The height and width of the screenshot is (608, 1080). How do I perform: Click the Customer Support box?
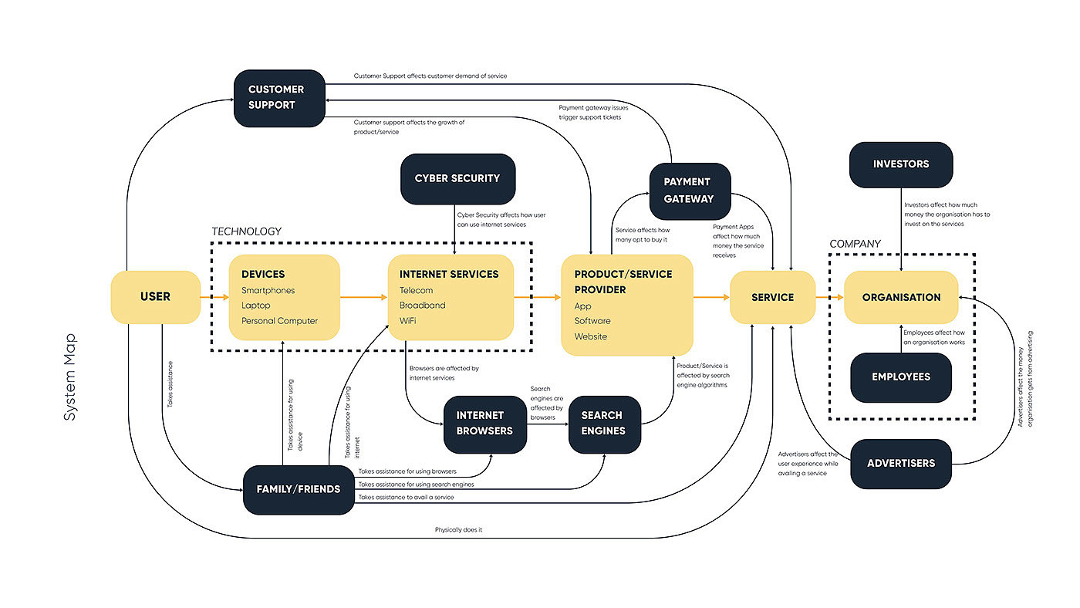pyautogui.click(x=279, y=97)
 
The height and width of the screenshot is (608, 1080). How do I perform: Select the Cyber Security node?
pyautogui.click(x=457, y=178)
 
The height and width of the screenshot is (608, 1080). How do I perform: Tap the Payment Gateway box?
pyautogui.click(x=690, y=190)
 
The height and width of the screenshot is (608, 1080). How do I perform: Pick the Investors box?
pyautogui.click(x=901, y=164)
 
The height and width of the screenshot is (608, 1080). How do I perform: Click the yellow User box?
pyautogui.click(x=155, y=297)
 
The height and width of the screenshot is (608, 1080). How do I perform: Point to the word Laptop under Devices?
pyautogui.click(x=255, y=306)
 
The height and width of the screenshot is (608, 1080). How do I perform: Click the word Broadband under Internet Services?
pyautogui.click(x=422, y=306)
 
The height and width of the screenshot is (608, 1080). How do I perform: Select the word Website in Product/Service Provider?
pyautogui.click(x=591, y=336)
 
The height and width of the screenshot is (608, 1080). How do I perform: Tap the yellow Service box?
pyautogui.click(x=772, y=297)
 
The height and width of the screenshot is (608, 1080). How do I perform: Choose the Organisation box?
pyautogui.click(x=901, y=297)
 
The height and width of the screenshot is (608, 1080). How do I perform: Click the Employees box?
pyautogui.click(x=901, y=377)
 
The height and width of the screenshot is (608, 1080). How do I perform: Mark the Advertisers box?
pyautogui.click(x=901, y=464)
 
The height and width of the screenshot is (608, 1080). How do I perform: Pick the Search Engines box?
pyautogui.click(x=605, y=424)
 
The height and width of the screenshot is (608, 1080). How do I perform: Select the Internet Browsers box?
pyautogui.click(x=485, y=424)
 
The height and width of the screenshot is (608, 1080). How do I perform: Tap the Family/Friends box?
pyautogui.click(x=299, y=489)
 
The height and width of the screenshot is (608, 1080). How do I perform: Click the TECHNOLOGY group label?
pyautogui.click(x=247, y=231)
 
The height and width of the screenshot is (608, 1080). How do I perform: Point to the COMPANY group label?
pyautogui.click(x=855, y=244)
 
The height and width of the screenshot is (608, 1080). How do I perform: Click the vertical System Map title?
pyautogui.click(x=70, y=377)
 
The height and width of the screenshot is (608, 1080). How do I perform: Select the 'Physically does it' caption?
pyautogui.click(x=458, y=530)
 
